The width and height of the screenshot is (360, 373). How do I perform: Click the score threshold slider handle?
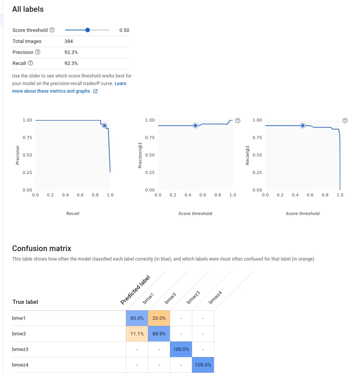tap(88, 30)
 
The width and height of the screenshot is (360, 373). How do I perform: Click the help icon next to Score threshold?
tap(52, 30)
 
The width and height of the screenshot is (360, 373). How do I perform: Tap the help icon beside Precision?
tap(38, 52)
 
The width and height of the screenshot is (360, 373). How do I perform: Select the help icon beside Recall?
tap(30, 63)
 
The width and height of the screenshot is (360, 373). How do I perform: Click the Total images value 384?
tap(69, 41)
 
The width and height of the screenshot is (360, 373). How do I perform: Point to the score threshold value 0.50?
tap(124, 30)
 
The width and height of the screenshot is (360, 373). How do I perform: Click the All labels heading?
tap(28, 9)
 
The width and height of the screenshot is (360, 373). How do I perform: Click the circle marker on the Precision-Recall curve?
tap(104, 125)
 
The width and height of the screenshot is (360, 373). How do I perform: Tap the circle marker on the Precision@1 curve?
tap(195, 125)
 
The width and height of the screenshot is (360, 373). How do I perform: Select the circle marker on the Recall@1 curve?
tap(302, 125)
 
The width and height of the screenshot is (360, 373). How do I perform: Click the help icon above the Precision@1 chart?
tap(238, 120)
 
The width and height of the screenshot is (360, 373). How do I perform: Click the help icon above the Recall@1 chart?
tap(345, 120)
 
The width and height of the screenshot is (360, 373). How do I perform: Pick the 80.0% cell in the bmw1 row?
tap(137, 318)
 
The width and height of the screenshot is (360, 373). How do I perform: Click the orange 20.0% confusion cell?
tap(159, 318)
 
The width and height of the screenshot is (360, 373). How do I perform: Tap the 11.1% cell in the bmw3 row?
tap(137, 334)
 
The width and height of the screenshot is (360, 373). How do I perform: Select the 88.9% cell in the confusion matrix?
tap(159, 334)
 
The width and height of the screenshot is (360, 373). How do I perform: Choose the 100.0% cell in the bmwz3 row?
tap(181, 349)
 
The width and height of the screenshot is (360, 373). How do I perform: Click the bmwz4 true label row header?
tap(20, 365)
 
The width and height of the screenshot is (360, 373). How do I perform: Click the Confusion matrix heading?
tap(42, 248)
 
